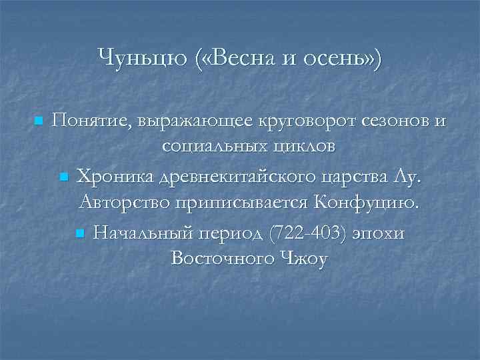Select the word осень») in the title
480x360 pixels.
pos(344,57)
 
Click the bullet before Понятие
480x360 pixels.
pos(38,121)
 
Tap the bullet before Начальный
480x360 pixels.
pos(79,233)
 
